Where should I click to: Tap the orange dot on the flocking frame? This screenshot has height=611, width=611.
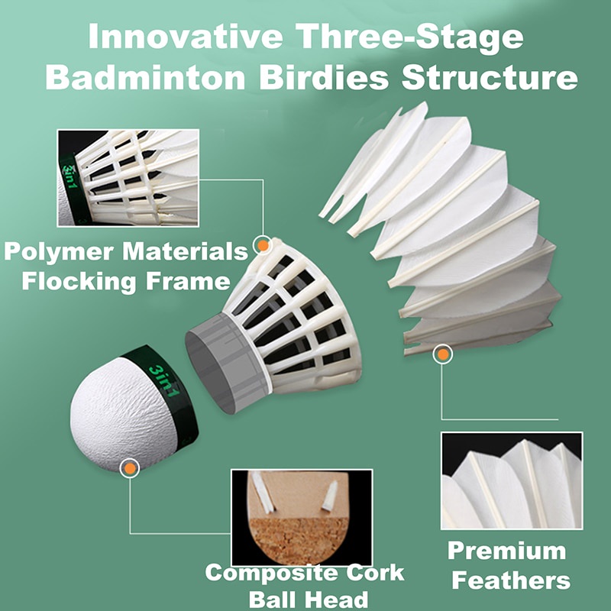pyautogui.click(x=263, y=245)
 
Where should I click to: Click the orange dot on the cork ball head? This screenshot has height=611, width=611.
pyautogui.click(x=131, y=467)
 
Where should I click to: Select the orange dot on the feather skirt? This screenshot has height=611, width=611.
pyautogui.click(x=442, y=354)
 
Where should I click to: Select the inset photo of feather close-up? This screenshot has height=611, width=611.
pyautogui.click(x=511, y=480)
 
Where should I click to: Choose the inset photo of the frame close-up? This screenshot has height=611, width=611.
pyautogui.click(x=128, y=177)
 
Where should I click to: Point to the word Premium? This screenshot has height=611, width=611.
pyautogui.click(x=506, y=551)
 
